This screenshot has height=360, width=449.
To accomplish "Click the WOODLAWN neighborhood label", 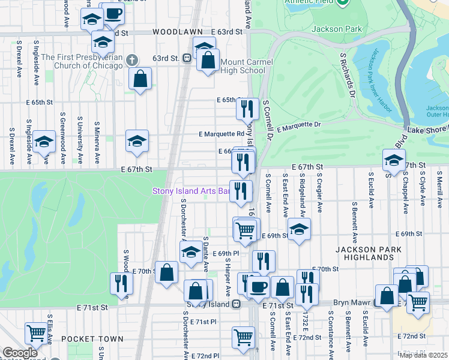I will click(175, 31).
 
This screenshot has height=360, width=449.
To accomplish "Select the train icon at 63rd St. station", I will click(188, 58).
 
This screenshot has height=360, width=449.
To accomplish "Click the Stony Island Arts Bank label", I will click(191, 191).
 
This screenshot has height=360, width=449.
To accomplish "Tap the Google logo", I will click(19, 353).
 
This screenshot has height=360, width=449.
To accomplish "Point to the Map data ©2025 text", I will click(423, 355).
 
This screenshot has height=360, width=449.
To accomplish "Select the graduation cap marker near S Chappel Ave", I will click(394, 160).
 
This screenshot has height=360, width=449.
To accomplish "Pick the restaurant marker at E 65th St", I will click(247, 109).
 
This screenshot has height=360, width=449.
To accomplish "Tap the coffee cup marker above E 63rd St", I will click(113, 14).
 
